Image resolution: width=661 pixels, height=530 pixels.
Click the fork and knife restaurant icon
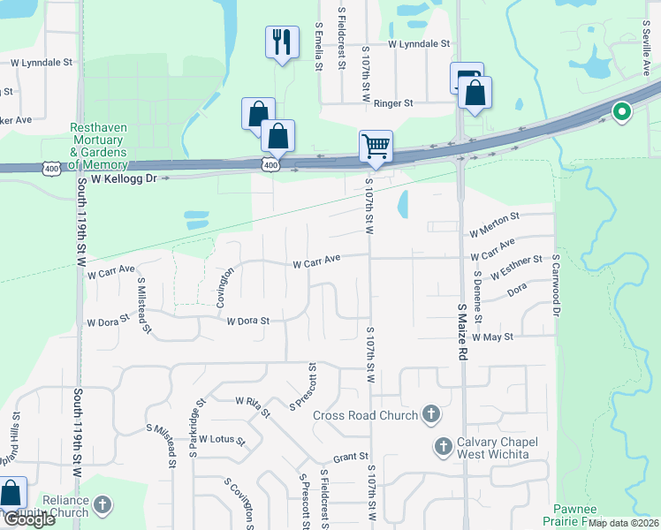tap(281, 42)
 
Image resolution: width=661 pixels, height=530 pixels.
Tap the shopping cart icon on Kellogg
tap(376, 146)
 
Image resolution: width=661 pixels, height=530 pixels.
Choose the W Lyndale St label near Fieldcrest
tap(418, 43)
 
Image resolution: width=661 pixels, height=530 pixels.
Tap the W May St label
tap(492, 337)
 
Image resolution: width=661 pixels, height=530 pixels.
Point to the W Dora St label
tap(247, 322)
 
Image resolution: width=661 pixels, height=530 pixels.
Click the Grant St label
tap(350, 458)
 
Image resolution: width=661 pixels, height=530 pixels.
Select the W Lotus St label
tap(222, 439)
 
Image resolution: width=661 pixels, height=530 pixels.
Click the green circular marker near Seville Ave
tap(621, 112)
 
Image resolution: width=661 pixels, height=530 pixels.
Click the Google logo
tap(28, 519)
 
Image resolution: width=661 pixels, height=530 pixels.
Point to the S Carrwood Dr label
tap(556, 285)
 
